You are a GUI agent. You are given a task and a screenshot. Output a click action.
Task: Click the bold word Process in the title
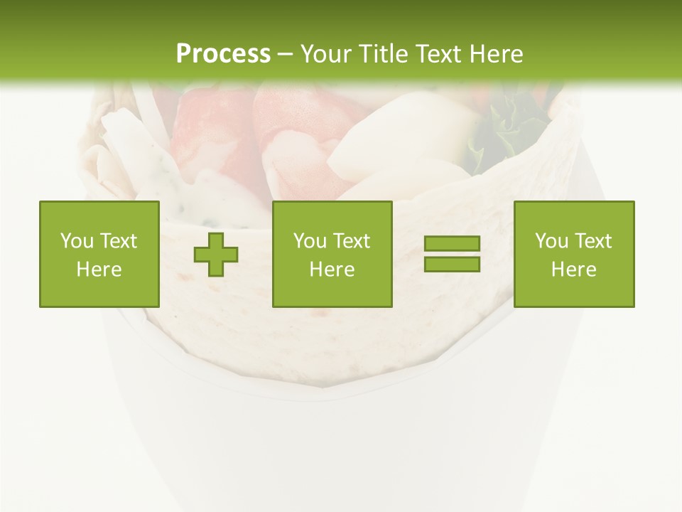[x=223, y=54]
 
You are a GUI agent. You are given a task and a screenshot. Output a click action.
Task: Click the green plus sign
[x=216, y=255]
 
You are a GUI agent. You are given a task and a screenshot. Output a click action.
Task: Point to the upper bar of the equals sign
[x=452, y=244]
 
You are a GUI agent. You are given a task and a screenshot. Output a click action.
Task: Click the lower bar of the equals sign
[x=452, y=264]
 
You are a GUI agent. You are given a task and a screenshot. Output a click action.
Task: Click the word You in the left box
[x=75, y=241]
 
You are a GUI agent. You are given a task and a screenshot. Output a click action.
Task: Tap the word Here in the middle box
[x=332, y=270]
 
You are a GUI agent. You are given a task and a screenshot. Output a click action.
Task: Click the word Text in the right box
[x=593, y=241]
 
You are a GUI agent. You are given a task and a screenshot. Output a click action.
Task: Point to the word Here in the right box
[x=574, y=270]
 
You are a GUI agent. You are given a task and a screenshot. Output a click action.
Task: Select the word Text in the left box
[x=119, y=241]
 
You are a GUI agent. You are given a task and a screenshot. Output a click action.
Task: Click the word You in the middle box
[x=309, y=241]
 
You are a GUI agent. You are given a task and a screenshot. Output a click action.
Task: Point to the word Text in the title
[x=440, y=54]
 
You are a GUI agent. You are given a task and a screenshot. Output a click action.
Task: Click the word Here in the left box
[x=99, y=270]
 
